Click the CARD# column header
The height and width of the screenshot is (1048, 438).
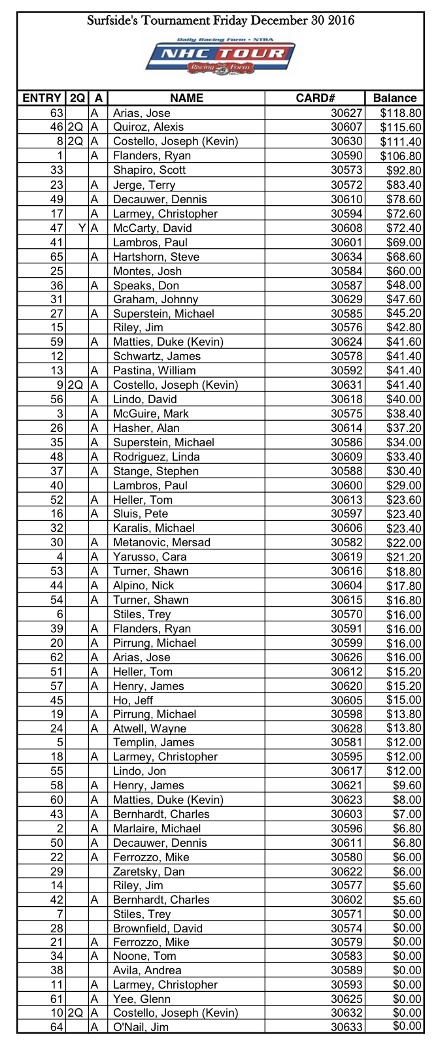click(315, 98)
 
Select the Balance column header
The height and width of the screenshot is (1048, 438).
click(394, 98)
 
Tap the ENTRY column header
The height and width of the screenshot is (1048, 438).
click(42, 98)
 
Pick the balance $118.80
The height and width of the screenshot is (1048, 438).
click(401, 113)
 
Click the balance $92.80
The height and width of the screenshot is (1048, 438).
click(405, 170)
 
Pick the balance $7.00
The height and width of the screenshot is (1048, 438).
click(407, 814)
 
